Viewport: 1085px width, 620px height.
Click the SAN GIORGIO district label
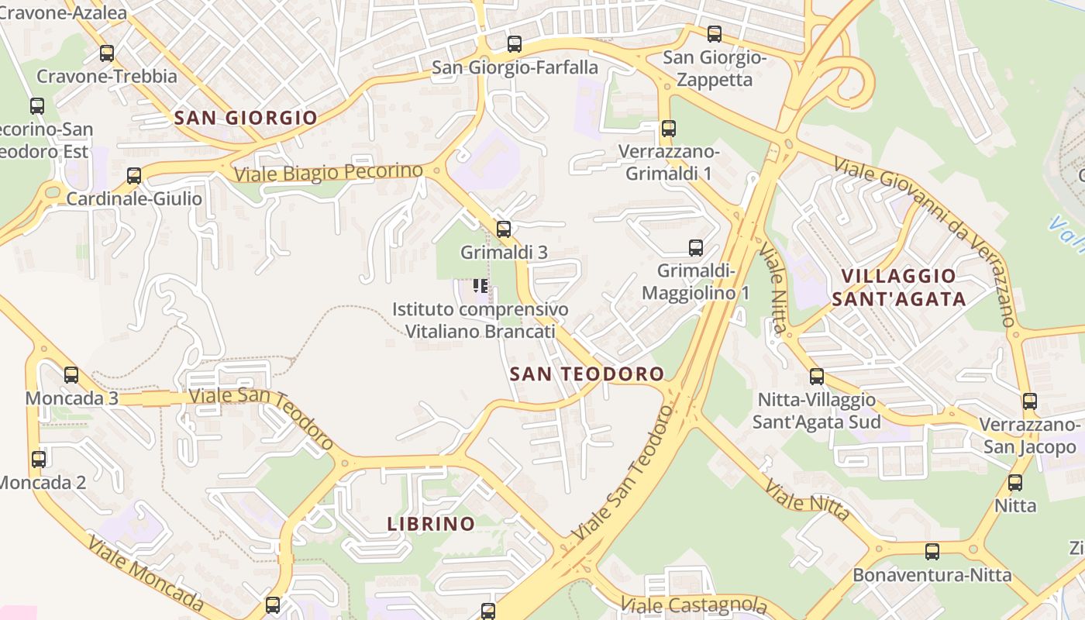pos(246,118)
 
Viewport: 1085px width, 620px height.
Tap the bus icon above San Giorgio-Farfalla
pos(514,44)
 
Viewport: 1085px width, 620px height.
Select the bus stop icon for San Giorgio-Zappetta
pos(715,34)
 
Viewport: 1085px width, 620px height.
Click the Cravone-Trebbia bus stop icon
pos(107,53)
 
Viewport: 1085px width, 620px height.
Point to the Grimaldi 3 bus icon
pos(504,229)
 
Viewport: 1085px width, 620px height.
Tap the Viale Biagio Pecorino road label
pos(329,172)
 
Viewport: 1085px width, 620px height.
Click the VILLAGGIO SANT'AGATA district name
pos(899,288)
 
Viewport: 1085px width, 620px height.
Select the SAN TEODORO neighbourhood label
pos(587,374)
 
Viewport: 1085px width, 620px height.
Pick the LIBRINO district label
pos(431,524)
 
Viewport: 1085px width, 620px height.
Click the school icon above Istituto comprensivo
pos(480,287)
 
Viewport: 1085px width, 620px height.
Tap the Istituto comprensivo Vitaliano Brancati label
pos(480,320)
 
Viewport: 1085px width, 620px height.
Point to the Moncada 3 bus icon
pos(71,375)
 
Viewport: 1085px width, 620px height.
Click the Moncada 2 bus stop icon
pos(39,459)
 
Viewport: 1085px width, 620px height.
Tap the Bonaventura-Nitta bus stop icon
pos(932,552)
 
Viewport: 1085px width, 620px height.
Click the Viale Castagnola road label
pos(694,604)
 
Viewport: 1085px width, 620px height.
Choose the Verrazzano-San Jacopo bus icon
pos(1029,401)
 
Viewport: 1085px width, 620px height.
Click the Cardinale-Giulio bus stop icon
pos(134,176)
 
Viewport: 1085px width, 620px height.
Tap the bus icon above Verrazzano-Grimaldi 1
pos(668,129)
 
